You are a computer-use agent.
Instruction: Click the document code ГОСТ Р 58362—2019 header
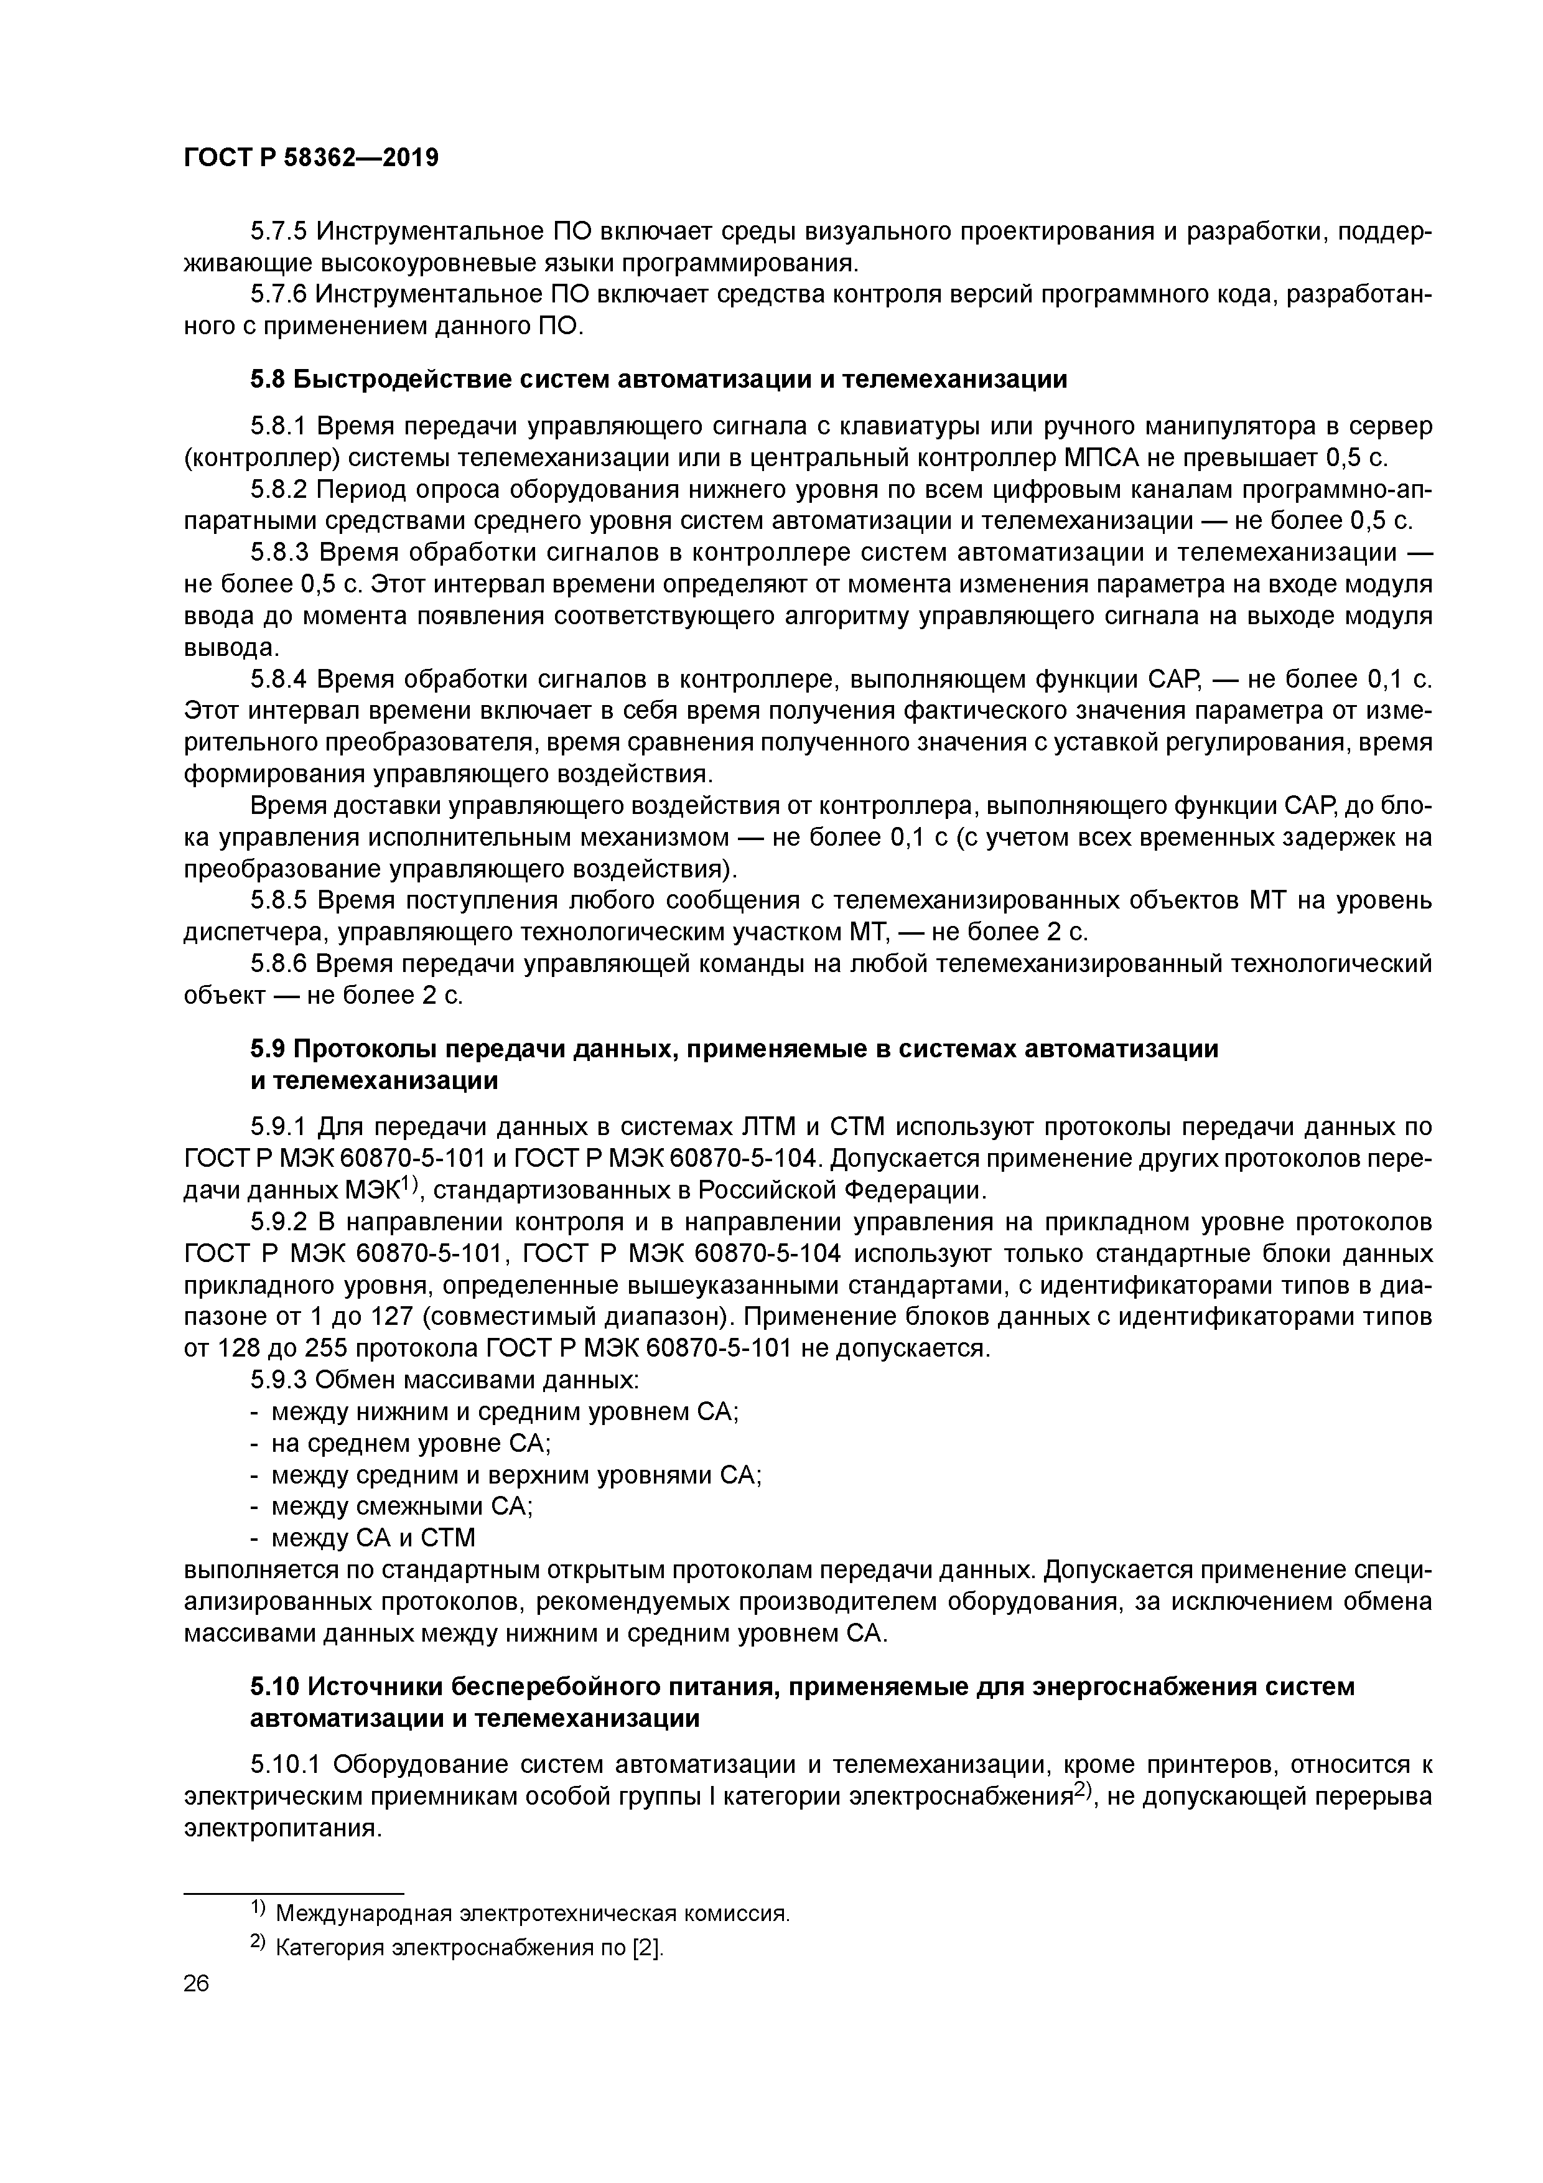(311, 158)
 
